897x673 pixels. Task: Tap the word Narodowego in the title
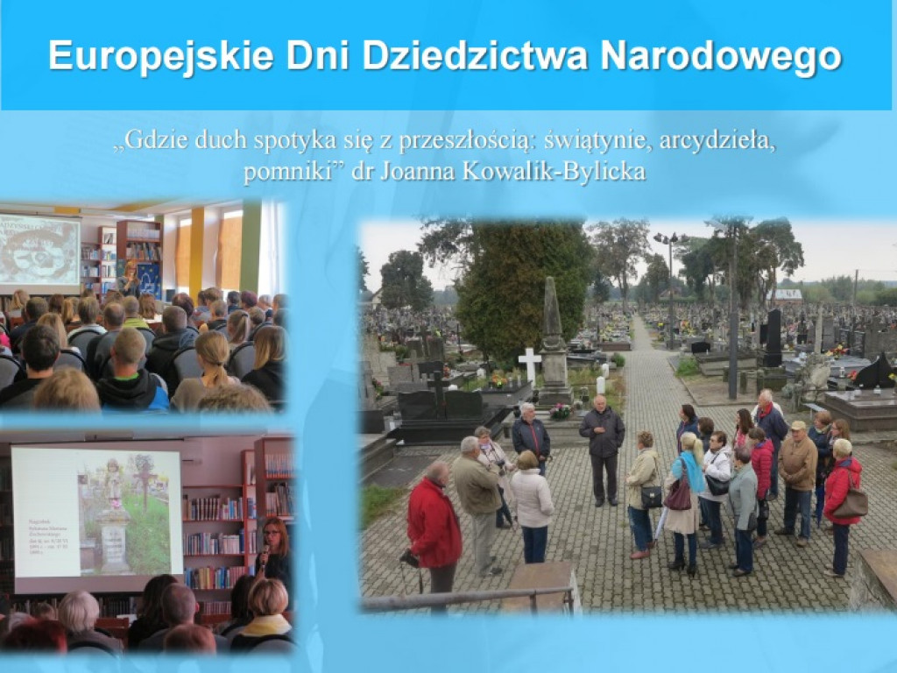721,56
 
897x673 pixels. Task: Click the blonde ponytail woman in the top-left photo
210,368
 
